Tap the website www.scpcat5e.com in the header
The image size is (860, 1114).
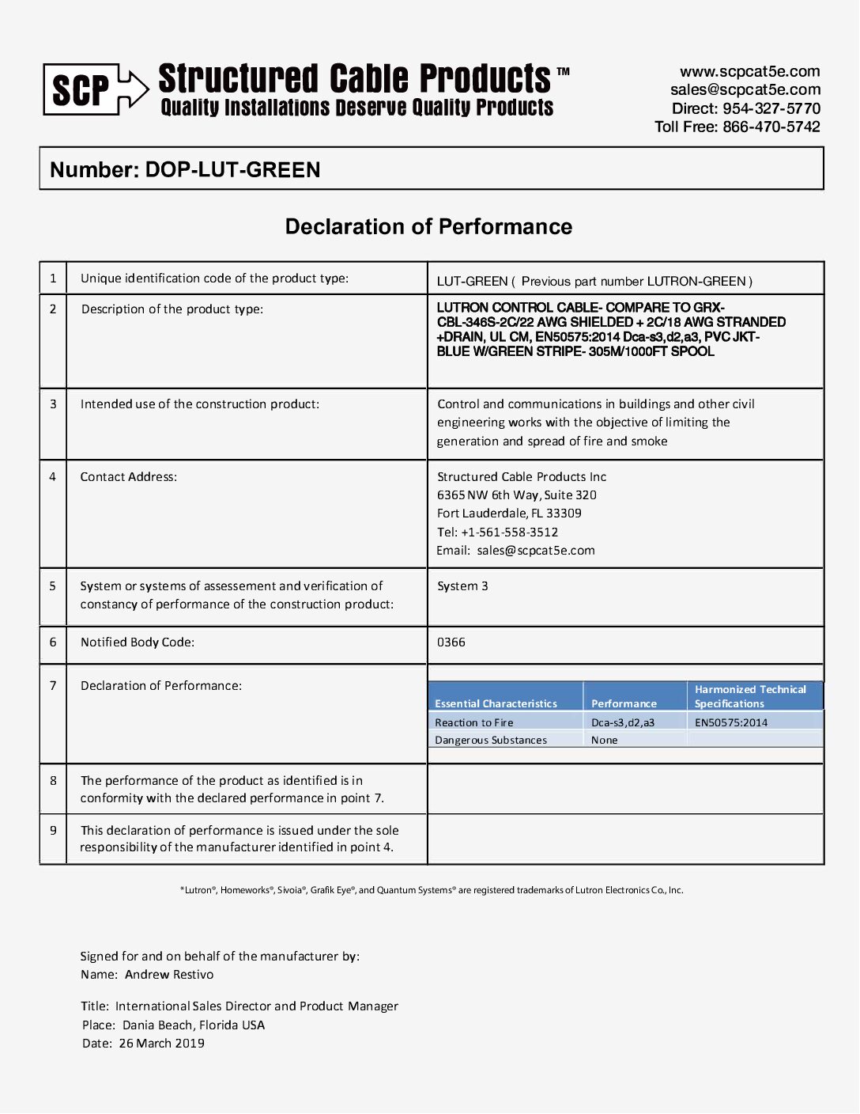(x=749, y=71)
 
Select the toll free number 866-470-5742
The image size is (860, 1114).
(x=771, y=127)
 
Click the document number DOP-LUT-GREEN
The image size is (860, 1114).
(x=232, y=170)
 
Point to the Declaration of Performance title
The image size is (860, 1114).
(x=428, y=227)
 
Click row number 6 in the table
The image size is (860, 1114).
(x=53, y=642)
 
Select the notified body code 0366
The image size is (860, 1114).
(x=451, y=642)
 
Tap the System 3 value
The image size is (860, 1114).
(x=462, y=586)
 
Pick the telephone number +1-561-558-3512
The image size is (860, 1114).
(x=509, y=532)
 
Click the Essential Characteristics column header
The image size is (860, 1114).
(x=496, y=703)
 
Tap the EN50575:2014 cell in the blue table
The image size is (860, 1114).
(x=731, y=722)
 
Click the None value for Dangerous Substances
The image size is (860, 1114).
(x=605, y=741)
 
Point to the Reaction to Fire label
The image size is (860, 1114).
(x=474, y=722)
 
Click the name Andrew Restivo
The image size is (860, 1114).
(x=169, y=975)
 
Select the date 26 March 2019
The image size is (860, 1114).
(x=162, y=1044)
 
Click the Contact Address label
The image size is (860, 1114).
(x=129, y=477)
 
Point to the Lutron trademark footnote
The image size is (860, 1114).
(x=432, y=890)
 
